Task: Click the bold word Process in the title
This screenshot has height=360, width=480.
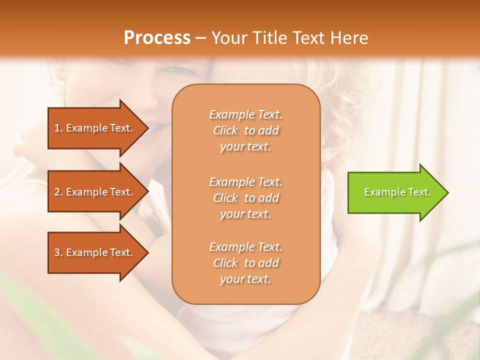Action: [x=157, y=38]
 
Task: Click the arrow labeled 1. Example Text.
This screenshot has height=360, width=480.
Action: [x=95, y=128]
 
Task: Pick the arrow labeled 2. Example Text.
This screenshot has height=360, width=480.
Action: [x=95, y=192]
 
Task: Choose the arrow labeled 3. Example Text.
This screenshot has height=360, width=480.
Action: [x=95, y=252]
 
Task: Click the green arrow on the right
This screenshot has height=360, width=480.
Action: [x=395, y=192]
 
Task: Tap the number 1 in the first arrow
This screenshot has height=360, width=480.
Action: [x=57, y=128]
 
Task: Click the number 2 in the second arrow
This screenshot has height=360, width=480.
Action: [x=57, y=192]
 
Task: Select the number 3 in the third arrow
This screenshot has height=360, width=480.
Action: [x=57, y=252]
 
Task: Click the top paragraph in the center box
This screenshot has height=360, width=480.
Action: [x=245, y=130]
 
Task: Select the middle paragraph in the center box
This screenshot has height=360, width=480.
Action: [x=245, y=197]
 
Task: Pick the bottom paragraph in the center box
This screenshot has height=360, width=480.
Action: [x=245, y=263]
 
